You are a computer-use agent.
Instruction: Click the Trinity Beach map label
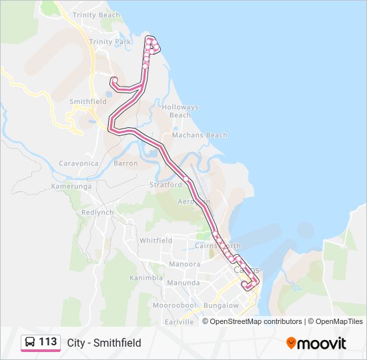click(x=96, y=15)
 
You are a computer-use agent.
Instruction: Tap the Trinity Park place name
click(x=110, y=42)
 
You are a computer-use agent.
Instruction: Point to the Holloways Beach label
click(x=180, y=111)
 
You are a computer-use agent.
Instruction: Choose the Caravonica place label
click(x=79, y=163)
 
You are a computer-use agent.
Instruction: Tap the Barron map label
click(x=126, y=163)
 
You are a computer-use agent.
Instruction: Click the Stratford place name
click(x=165, y=185)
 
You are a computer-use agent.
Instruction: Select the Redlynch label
click(x=98, y=213)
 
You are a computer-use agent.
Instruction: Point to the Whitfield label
click(x=156, y=241)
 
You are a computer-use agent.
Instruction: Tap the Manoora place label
click(x=166, y=264)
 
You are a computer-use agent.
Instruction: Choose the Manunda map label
click(x=183, y=283)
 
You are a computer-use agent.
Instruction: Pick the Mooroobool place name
click(x=173, y=305)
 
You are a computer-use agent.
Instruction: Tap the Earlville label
click(x=179, y=321)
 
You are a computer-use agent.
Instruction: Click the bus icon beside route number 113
click(x=30, y=343)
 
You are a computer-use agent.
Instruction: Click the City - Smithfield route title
click(x=104, y=343)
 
